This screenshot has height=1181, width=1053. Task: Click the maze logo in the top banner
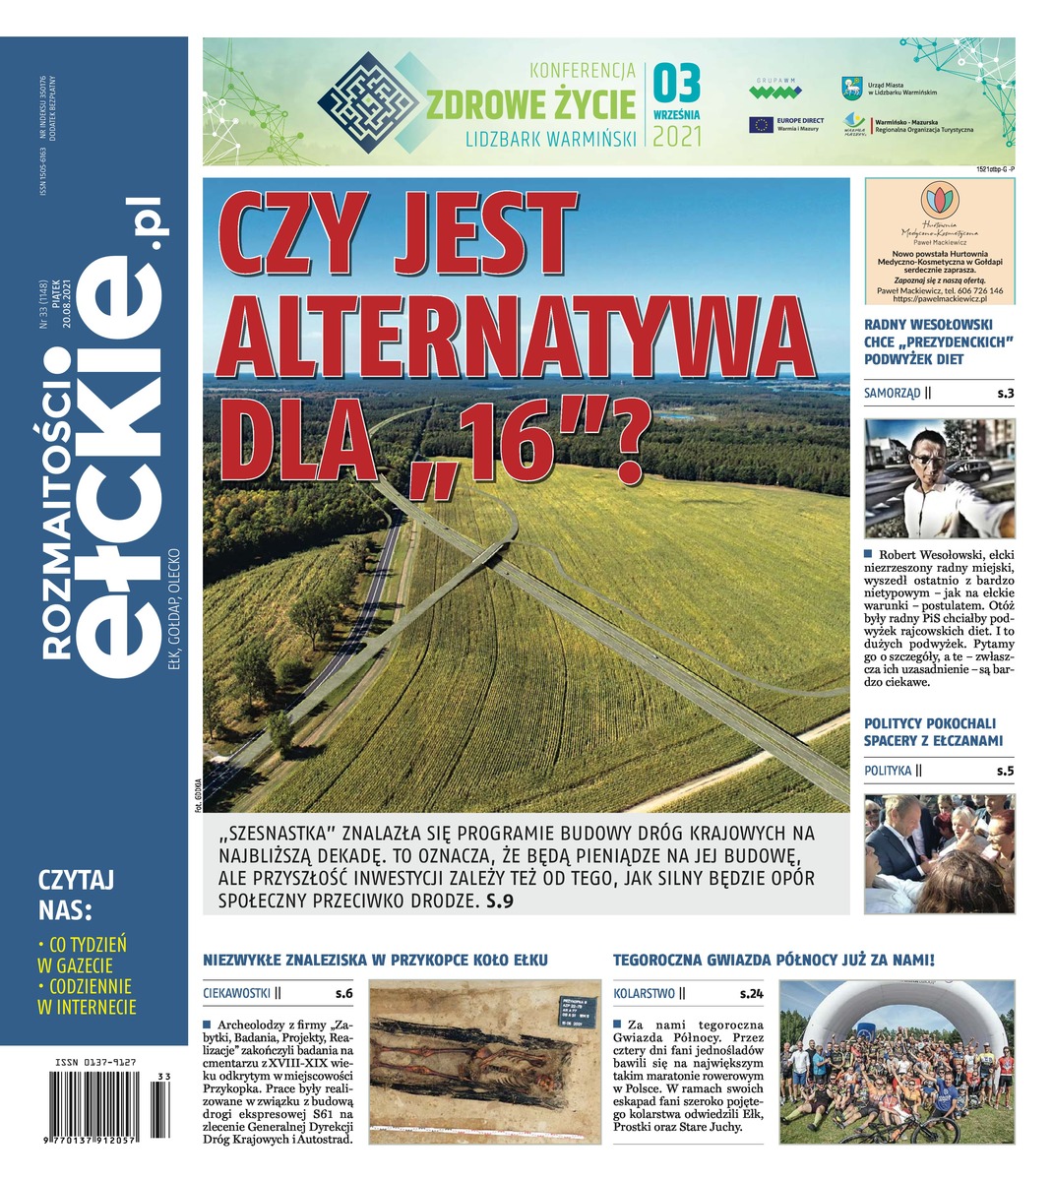pos(369,101)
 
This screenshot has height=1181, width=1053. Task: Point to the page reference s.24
pos(750,994)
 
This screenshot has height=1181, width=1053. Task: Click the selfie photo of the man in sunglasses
pos(939,478)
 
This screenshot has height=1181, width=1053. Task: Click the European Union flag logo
pos(761,124)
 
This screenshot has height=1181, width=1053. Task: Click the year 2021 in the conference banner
pos(677,135)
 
